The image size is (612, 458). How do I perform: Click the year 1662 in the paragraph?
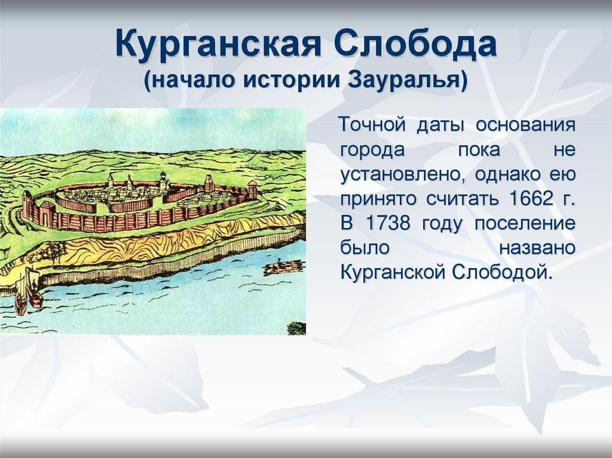click(x=531, y=199)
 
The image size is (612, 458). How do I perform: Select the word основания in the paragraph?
click(x=525, y=125)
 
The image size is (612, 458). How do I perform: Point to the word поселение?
click(x=525, y=224)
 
